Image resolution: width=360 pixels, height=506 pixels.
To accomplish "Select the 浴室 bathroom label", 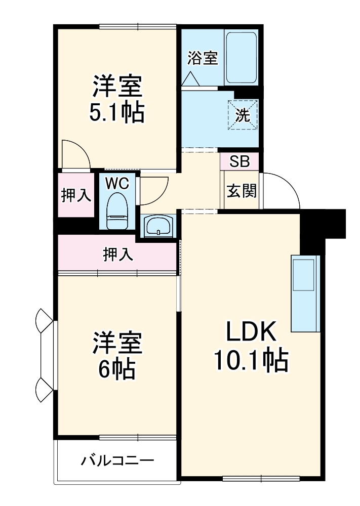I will [203, 58].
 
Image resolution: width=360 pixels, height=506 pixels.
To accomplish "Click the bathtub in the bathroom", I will [241, 58].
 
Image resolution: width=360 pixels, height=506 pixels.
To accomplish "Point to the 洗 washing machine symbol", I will [243, 115].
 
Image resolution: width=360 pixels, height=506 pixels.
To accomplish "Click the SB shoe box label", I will [239, 161].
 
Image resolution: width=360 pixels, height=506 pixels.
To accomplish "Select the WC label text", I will [117, 183].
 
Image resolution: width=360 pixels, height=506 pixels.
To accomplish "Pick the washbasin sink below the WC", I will [159, 227].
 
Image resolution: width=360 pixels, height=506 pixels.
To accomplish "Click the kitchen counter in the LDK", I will [305, 293].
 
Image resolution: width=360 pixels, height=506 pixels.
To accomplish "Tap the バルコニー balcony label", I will [117, 461].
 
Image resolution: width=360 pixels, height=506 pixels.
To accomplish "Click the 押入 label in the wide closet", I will [118, 255].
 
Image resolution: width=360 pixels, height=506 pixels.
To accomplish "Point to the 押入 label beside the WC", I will [76, 196].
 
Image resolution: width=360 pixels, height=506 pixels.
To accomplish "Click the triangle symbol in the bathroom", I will [191, 79].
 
